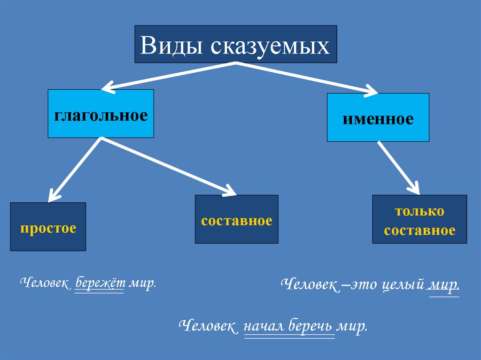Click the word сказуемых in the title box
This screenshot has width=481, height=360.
pyautogui.click(x=270, y=47)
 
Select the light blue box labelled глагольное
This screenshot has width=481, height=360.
pyautogui.click(x=101, y=114)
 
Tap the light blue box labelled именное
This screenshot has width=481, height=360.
pyautogui.click(x=378, y=118)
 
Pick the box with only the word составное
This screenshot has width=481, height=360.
pyautogui.click(x=236, y=219)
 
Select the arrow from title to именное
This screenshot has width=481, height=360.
pyautogui.click(x=305, y=77)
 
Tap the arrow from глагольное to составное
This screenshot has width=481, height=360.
pyautogui.click(x=169, y=166)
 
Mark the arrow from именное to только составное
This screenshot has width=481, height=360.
pyautogui.click(x=398, y=167)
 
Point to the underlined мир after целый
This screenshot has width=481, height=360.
pyautogui.click(x=443, y=285)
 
